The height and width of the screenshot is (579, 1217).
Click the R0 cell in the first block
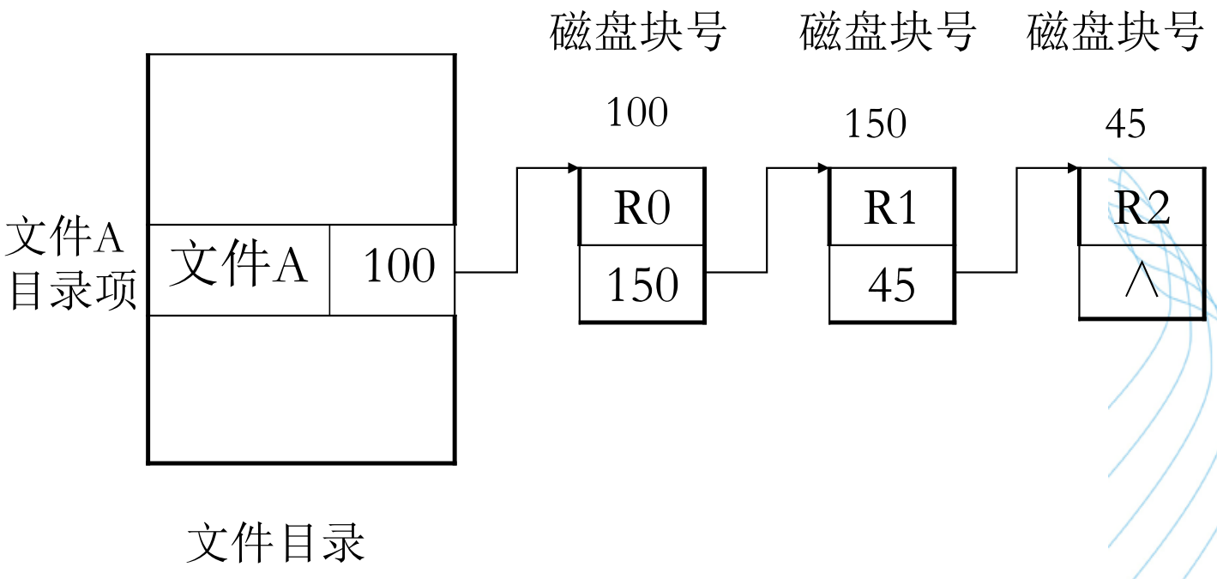(642, 208)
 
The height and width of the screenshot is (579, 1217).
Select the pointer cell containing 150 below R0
(642, 285)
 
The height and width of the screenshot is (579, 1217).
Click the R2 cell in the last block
(1141, 208)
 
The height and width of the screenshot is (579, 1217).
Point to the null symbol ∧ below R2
(1141, 284)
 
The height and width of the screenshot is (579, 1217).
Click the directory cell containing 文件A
(238, 268)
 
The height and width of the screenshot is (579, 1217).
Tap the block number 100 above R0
(636, 112)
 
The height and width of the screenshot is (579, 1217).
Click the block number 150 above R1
(875, 125)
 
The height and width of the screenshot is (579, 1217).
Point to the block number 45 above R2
(1124, 125)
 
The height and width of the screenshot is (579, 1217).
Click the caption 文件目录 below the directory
(275, 542)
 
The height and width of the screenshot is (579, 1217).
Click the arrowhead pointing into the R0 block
(574, 167)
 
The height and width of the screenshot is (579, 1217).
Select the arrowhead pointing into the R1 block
(823, 167)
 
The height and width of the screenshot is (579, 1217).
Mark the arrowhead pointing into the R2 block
(1073, 167)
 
